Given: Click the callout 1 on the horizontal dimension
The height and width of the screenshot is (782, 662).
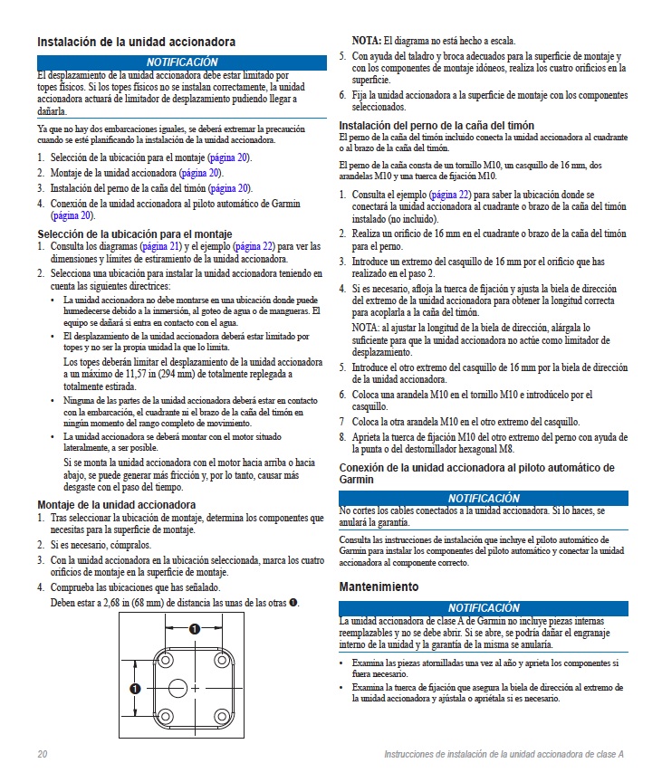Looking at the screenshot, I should (x=195, y=628).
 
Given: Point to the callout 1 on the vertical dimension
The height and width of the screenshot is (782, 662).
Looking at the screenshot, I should (x=135, y=689).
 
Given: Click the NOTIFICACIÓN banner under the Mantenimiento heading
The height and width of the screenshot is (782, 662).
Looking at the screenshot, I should (x=484, y=608).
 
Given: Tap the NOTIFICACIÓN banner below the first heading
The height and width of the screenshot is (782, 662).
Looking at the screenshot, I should (x=181, y=62).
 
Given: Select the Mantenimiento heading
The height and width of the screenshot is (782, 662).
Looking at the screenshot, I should (x=379, y=586).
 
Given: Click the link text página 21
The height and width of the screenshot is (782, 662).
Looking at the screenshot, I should (x=158, y=245).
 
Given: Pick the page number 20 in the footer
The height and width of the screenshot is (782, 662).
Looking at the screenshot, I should (x=43, y=755).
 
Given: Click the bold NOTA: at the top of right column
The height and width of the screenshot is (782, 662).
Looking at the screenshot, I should (x=367, y=42).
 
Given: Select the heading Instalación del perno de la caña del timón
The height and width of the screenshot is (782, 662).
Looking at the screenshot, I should (x=436, y=125).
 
